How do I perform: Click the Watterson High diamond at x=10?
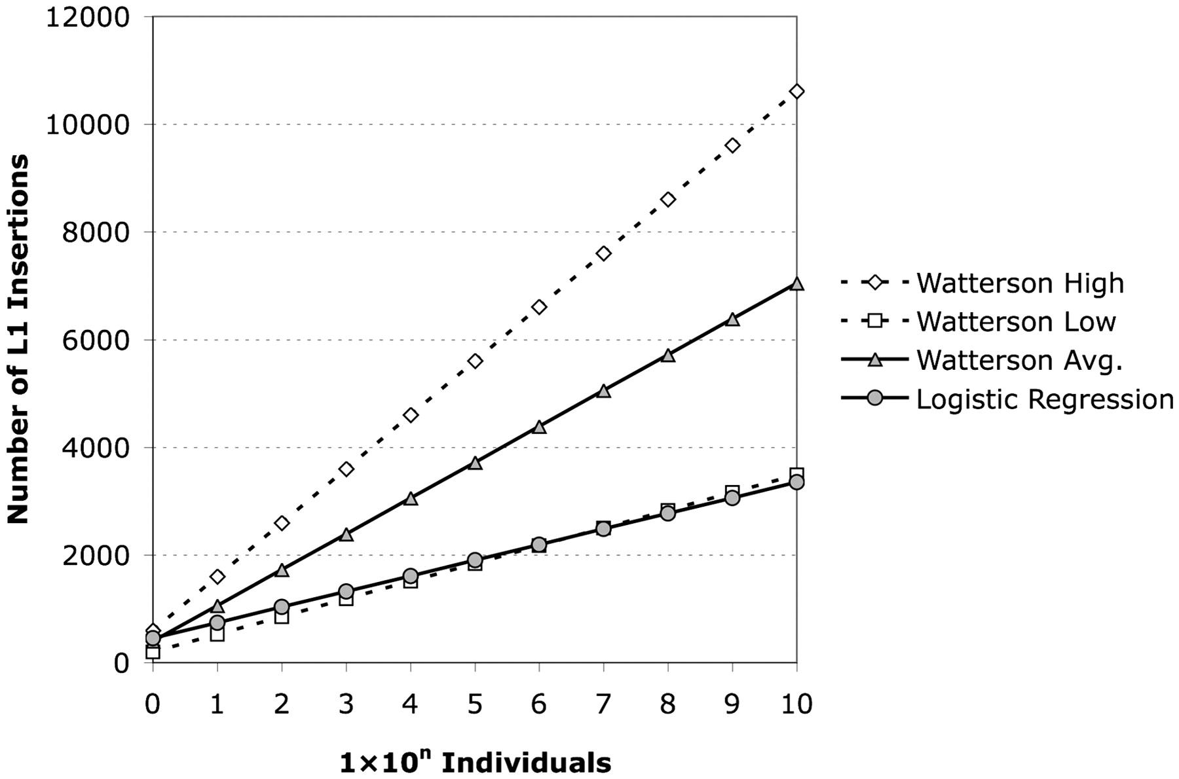pos(796,92)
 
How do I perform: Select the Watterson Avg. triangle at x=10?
pos(796,283)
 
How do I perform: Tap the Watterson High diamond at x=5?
pos(475,361)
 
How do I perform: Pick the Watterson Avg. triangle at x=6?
pos(539,427)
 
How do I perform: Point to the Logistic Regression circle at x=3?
pos(346,592)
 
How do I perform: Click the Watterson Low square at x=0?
pos(153,652)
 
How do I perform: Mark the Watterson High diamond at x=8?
pos(668,200)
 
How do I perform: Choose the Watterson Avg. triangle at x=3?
pos(346,534)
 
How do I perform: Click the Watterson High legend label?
pos(1020,283)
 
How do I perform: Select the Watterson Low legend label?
pos(1016,322)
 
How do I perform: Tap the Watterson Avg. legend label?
pos(1019,361)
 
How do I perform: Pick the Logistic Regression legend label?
pos(1045,399)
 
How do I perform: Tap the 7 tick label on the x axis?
pos(603,704)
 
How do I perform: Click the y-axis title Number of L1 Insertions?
pos(18,339)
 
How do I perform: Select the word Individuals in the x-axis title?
pos(526,763)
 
